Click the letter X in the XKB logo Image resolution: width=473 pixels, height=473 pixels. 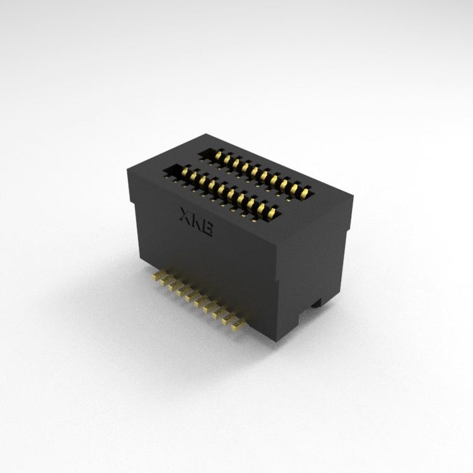185,215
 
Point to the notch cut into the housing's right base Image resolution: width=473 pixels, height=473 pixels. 317,303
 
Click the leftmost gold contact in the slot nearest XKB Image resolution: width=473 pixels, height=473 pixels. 185,173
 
